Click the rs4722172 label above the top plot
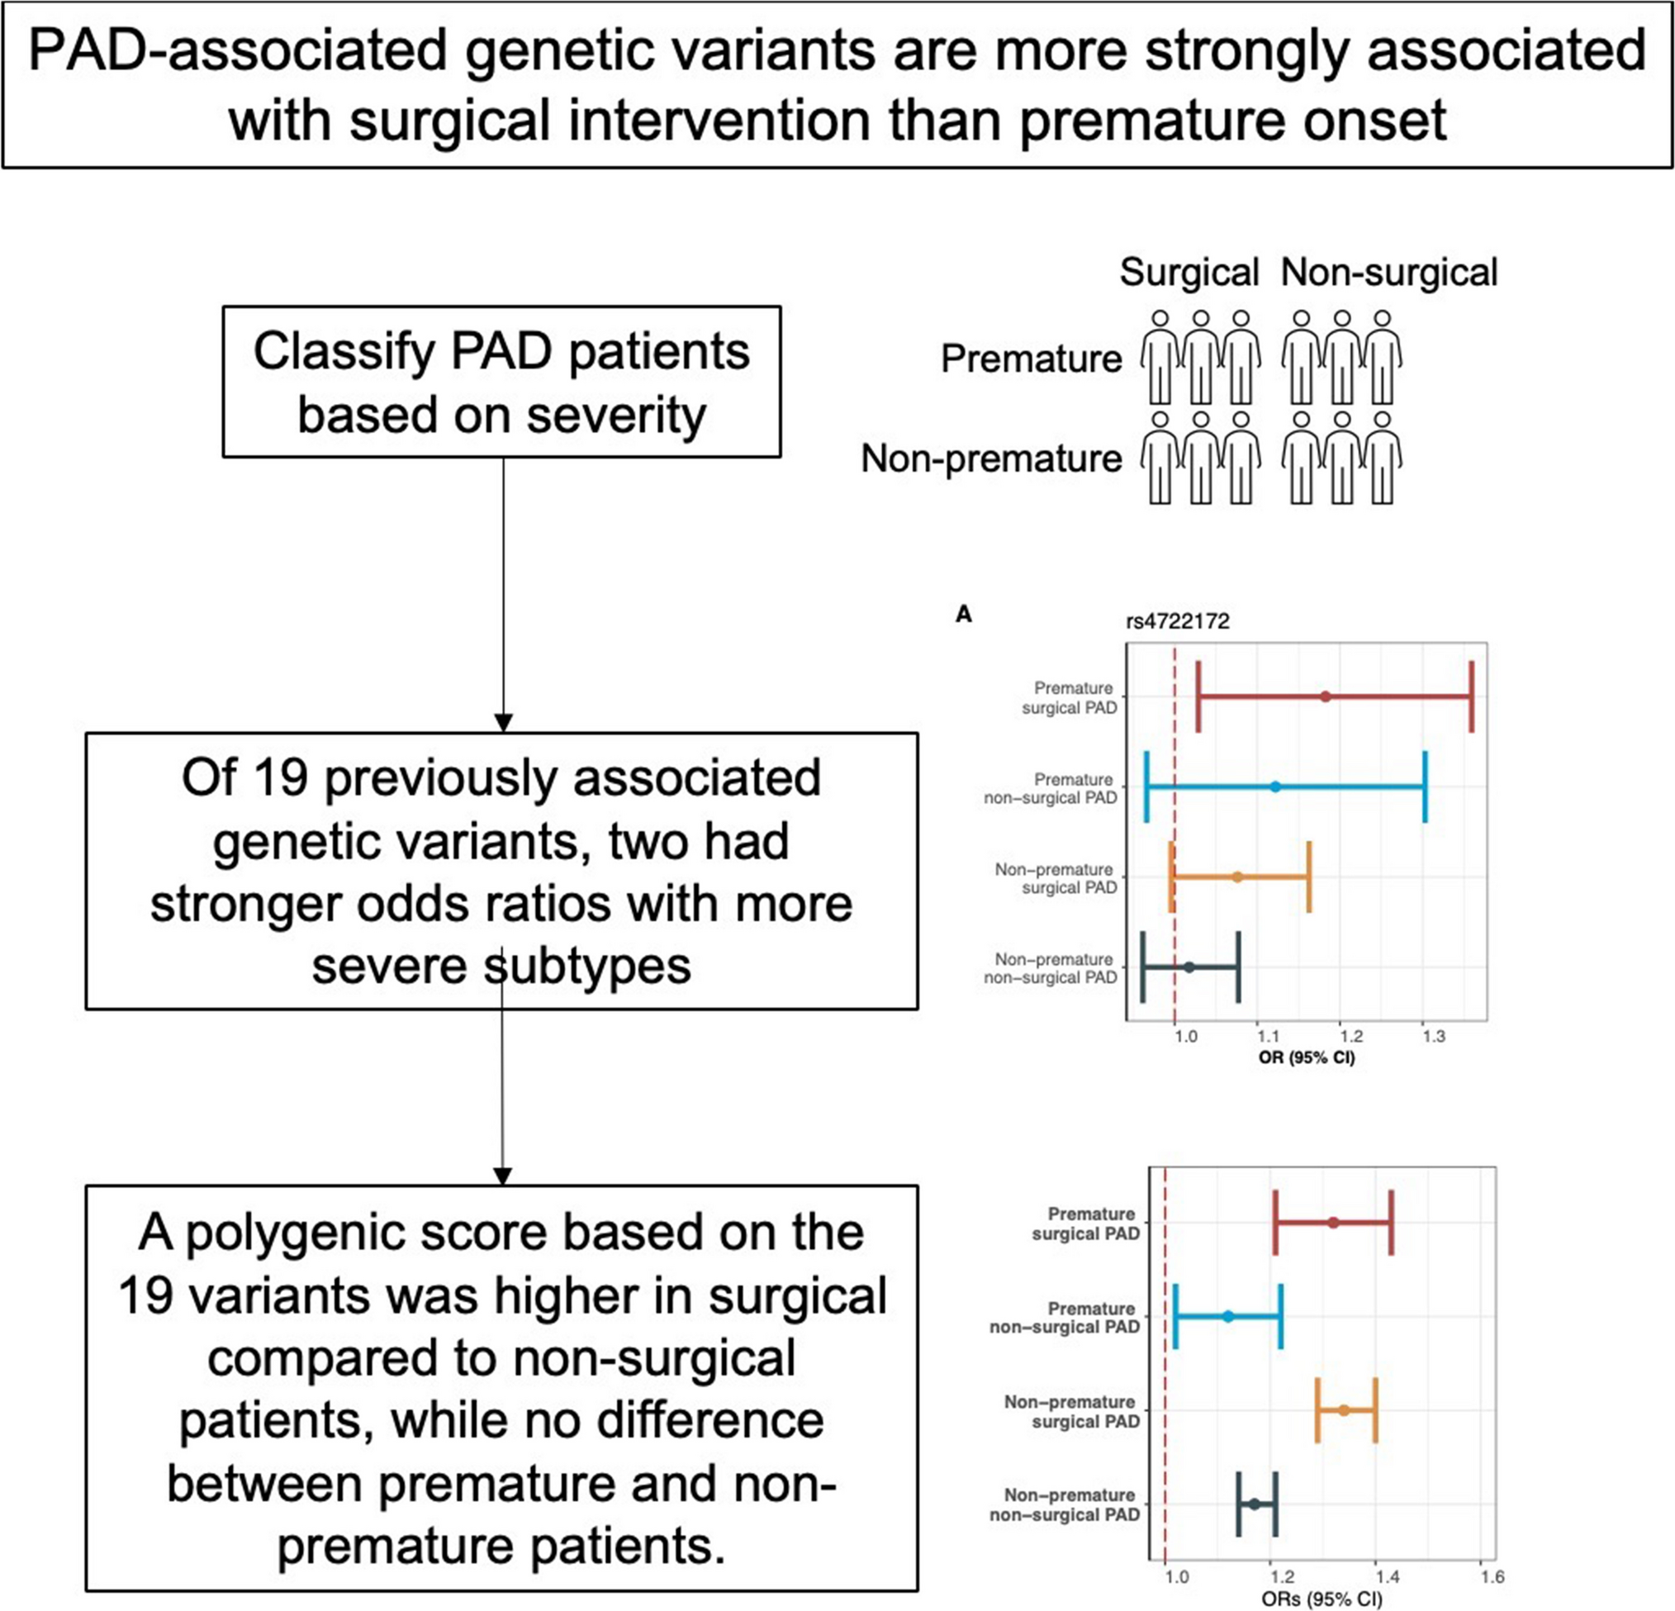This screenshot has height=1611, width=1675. point(1178,620)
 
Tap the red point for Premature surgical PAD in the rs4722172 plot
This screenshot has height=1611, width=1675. point(1326,696)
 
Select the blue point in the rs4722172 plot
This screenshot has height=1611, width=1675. point(1275,786)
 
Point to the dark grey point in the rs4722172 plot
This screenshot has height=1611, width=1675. point(1189,967)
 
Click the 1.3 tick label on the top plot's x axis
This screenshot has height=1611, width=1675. point(1434,1037)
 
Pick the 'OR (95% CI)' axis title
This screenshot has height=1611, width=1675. point(1307,1058)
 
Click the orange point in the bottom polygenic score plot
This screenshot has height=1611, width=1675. point(1344,1410)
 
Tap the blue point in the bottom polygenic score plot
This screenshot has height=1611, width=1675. point(1228,1316)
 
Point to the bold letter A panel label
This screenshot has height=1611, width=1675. point(964,615)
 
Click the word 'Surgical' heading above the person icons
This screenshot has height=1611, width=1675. point(1189,273)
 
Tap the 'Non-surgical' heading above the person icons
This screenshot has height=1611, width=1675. point(1389,273)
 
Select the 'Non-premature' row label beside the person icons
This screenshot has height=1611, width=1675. point(991,459)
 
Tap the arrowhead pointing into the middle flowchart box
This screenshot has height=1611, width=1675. point(503,721)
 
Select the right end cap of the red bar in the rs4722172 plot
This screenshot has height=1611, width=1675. point(1472,696)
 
